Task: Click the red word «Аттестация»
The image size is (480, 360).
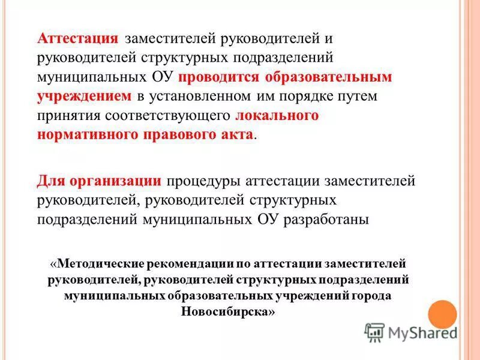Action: click(77, 38)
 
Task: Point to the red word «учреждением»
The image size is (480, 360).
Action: click(84, 96)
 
